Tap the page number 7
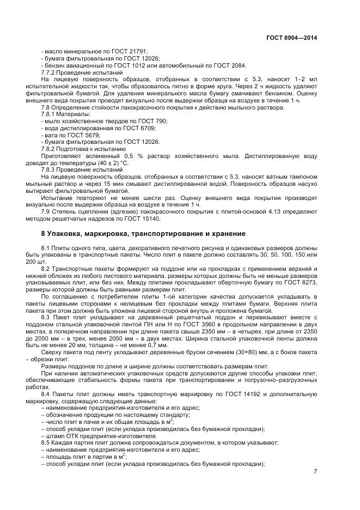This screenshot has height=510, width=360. (315, 471)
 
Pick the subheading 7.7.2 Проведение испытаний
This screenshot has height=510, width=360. (82, 72)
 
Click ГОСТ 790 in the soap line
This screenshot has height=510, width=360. (155, 121)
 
